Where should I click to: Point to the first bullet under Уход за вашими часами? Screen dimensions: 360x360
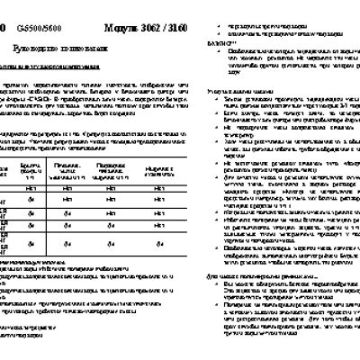coord(188,104)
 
